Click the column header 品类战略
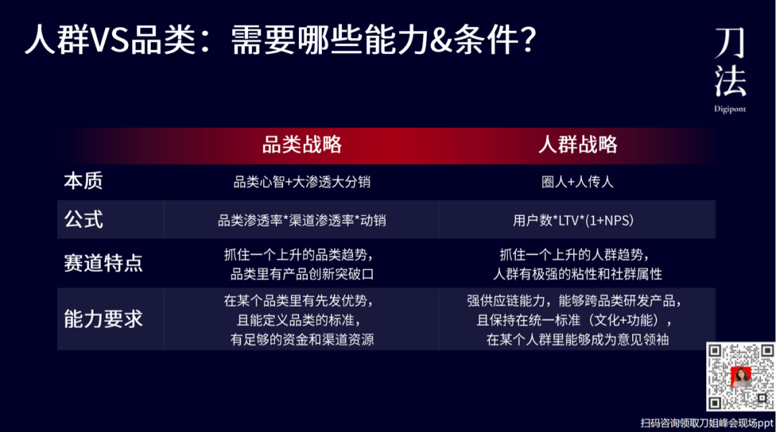click(302, 145)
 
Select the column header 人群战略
click(578, 145)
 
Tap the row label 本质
click(83, 181)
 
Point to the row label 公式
click(83, 219)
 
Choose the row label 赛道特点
click(103, 263)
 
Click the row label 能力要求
click(103, 319)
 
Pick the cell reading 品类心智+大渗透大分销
click(302, 182)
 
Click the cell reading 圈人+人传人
click(578, 182)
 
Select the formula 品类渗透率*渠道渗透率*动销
click(302, 220)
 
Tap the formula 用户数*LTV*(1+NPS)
click(573, 220)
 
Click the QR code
click(740, 376)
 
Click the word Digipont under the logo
click(730, 109)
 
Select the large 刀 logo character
click(730, 42)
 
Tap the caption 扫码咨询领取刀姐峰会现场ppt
click(707, 423)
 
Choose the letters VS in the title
click(110, 40)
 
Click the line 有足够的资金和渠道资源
click(302, 339)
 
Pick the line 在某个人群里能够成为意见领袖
click(578, 339)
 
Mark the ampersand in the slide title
click(441, 40)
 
